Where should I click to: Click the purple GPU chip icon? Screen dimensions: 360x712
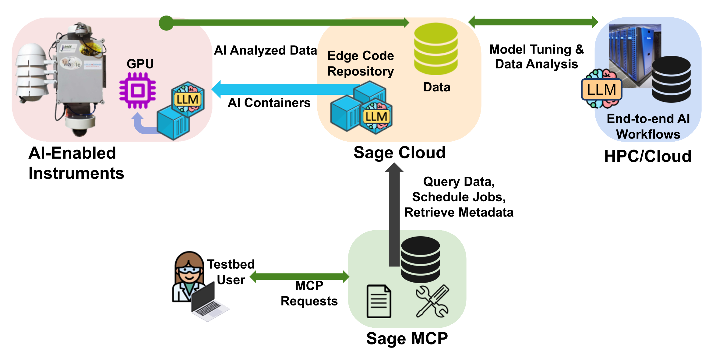(x=138, y=90)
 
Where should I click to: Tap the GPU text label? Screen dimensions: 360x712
(x=140, y=64)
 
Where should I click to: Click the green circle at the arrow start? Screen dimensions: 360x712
(x=166, y=23)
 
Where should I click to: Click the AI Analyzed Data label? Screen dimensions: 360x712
(x=265, y=50)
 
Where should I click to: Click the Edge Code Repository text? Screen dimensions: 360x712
(x=361, y=63)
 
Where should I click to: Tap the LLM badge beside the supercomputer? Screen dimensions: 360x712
(x=601, y=90)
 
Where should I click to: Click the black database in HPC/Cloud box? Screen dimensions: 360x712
(x=671, y=79)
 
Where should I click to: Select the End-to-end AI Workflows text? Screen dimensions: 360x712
(x=648, y=126)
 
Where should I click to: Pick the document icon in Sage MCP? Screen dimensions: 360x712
(x=379, y=301)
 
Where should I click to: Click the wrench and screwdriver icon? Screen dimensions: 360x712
(x=432, y=301)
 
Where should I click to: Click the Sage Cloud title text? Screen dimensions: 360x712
(x=399, y=152)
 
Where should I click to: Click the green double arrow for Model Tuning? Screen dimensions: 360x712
(x=533, y=22)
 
